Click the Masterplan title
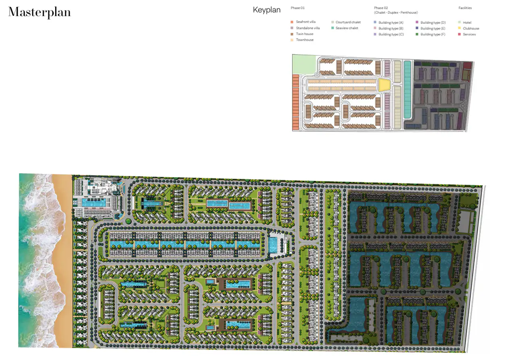39,12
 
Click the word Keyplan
266,10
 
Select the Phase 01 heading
298,8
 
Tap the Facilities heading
465,8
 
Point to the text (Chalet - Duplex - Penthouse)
396,12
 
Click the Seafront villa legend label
306,22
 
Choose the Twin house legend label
305,34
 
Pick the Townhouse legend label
305,40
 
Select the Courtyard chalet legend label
348,22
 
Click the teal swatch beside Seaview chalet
332,28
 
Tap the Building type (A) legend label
391,23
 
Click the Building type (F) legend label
433,34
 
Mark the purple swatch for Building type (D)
417,23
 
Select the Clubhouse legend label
471,29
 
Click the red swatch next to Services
459,34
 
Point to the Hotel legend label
467,23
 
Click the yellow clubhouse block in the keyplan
384,85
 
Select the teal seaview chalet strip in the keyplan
407,89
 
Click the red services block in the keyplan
467,66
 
